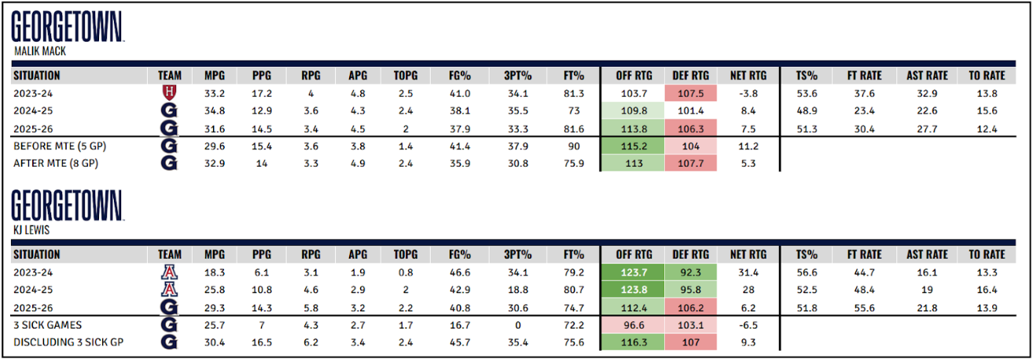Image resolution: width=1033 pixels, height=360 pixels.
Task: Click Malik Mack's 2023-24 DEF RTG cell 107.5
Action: pyautogui.click(x=691, y=93)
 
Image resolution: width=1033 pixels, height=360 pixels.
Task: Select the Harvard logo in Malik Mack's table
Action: pyautogui.click(x=167, y=93)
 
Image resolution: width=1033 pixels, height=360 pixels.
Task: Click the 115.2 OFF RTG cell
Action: pyautogui.click(x=633, y=146)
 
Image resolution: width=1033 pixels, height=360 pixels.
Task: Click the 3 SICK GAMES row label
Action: pyautogui.click(x=46, y=325)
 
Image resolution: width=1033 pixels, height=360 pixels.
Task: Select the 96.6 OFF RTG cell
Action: pyautogui.click(x=633, y=325)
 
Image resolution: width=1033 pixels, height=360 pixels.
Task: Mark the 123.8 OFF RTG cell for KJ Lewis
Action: pyautogui.click(x=633, y=290)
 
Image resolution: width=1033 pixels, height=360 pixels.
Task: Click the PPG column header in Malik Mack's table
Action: pyautogui.click(x=263, y=75)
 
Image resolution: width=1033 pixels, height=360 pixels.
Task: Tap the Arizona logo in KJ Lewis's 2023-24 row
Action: pyautogui.click(x=167, y=273)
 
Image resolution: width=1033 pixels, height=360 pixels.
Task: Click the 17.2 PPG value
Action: pyautogui.click(x=263, y=93)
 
